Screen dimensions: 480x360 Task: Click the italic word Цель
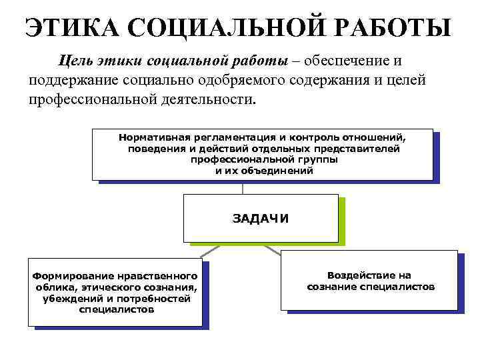coord(76,62)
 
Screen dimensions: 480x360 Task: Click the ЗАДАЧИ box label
coord(261,218)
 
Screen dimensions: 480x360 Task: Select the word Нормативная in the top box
coord(149,137)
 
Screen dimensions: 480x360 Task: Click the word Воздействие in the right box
coord(369,275)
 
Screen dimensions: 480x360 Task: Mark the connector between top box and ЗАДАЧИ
coord(243,188)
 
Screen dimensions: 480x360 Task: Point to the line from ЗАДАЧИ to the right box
coord(273,248)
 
